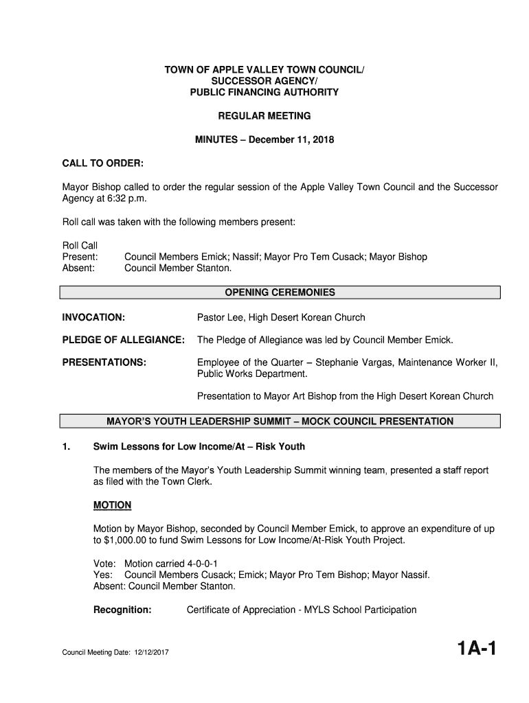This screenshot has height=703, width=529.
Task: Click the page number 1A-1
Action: pyautogui.click(x=470, y=649)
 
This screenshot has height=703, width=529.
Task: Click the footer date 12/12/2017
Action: pyautogui.click(x=150, y=652)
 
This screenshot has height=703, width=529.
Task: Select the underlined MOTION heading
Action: pyautogui.click(x=112, y=505)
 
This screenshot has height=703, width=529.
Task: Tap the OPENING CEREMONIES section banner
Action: pyautogui.click(x=280, y=292)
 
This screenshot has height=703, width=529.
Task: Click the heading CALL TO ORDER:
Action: pyautogui.click(x=103, y=163)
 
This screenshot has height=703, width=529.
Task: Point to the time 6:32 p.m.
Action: pyautogui.click(x=126, y=198)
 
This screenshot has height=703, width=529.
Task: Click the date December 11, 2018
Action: pyautogui.click(x=291, y=140)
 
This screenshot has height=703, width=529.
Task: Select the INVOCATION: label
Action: pyautogui.click(x=93, y=317)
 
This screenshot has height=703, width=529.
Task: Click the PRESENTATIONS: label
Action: pyautogui.click(x=104, y=362)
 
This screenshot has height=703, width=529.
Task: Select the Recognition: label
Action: pyautogui.click(x=122, y=610)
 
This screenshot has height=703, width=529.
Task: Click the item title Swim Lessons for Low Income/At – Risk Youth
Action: pyautogui.click(x=199, y=447)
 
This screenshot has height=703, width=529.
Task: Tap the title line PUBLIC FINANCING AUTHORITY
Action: pyautogui.click(x=264, y=92)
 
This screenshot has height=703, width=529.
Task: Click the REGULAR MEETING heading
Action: pyautogui.click(x=264, y=116)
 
